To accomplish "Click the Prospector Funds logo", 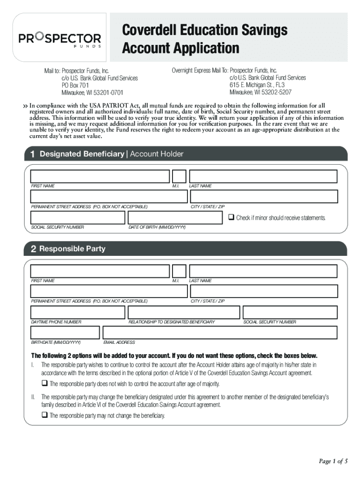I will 59,39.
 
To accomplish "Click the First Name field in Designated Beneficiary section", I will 100,176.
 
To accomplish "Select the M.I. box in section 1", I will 179,176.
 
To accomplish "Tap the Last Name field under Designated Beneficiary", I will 263,176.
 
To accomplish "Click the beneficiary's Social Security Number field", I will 78,218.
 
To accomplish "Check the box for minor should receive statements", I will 231,218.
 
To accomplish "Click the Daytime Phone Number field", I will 78,312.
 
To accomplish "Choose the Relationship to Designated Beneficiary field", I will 184,312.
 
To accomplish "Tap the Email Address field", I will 220,333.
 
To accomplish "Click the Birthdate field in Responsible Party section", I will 65,333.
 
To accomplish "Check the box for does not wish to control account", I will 44,384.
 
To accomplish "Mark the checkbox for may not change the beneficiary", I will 44,415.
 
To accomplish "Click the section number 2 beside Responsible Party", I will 33,249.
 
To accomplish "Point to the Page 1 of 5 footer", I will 333,462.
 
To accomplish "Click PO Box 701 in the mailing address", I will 75,86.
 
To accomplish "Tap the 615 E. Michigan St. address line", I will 257,85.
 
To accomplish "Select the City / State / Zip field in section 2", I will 263,291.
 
